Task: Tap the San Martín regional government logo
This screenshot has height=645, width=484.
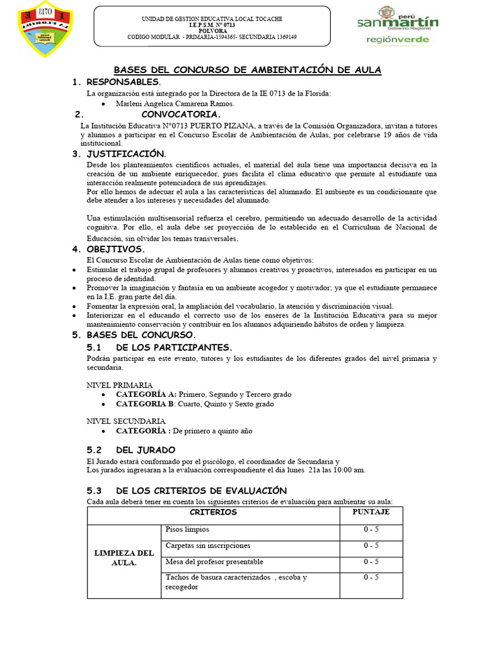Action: pyautogui.click(x=397, y=25)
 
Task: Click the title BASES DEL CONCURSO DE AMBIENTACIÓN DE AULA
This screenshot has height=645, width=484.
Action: pyautogui.click(x=247, y=70)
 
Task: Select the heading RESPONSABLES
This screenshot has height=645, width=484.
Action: pyautogui.click(x=123, y=82)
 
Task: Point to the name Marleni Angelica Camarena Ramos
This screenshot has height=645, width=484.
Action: pyautogui.click(x=175, y=103)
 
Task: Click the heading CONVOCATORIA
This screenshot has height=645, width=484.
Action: pyautogui.click(x=181, y=115)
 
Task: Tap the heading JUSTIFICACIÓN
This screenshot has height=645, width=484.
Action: pyautogui.click(x=126, y=154)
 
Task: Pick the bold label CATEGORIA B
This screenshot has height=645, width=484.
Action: pyautogui.click(x=145, y=404)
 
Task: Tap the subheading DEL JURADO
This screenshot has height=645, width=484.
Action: pyautogui.click(x=146, y=450)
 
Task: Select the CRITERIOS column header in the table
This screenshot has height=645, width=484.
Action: pyautogui.click(x=213, y=512)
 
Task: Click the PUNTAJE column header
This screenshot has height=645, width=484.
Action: pyautogui.click(x=371, y=511)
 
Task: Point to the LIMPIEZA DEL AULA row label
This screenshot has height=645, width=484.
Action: pyautogui.click(x=124, y=557)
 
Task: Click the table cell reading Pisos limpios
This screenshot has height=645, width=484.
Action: pyautogui.click(x=187, y=529)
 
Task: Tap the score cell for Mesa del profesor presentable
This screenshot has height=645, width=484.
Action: pyautogui.click(x=371, y=561)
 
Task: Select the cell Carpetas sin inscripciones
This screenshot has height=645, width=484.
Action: pyautogui.click(x=207, y=545)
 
